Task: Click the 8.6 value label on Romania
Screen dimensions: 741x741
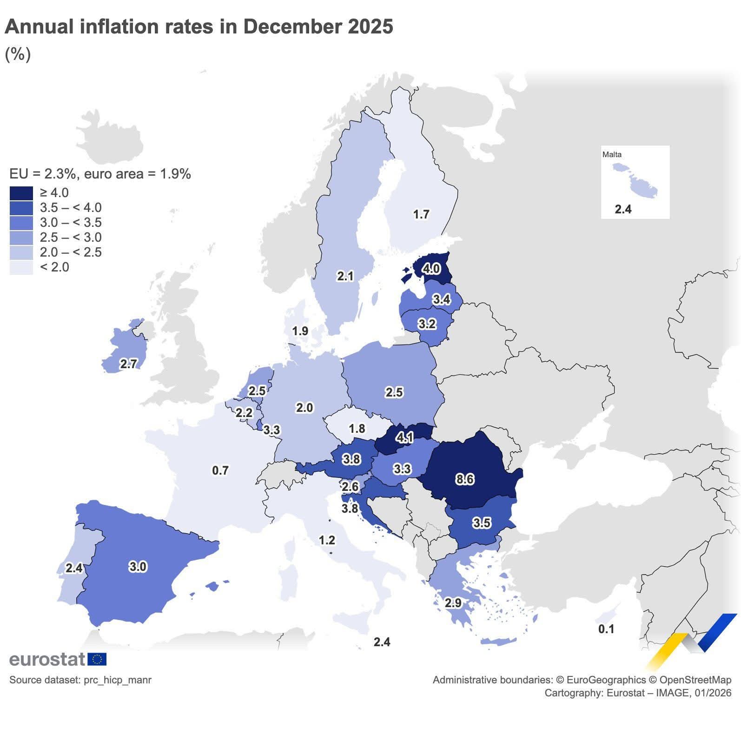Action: click(464, 479)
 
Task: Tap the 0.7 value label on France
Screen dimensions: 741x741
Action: click(220, 470)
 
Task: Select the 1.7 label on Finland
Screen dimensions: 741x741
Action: click(421, 214)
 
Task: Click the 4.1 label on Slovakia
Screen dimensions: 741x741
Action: click(404, 437)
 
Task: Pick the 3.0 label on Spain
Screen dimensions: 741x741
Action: click(138, 567)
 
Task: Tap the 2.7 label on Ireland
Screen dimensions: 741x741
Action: click(128, 364)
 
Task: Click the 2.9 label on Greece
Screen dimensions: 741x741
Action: click(453, 603)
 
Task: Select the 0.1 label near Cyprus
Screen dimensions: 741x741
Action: click(606, 629)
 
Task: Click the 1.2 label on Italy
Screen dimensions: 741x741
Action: click(327, 540)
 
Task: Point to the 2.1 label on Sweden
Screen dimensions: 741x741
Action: click(345, 276)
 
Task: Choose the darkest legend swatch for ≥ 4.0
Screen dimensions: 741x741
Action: click(21, 193)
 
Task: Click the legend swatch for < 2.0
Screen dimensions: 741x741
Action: click(21, 267)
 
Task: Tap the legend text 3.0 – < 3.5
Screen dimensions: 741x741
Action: click(71, 223)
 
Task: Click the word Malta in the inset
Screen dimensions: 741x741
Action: click(612, 154)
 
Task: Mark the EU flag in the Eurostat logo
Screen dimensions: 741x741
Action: click(97, 659)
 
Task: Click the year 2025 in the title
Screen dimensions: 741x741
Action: click(370, 26)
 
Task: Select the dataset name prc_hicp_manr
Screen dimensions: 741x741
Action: click(117, 680)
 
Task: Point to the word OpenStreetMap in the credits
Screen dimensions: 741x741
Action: click(695, 680)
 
